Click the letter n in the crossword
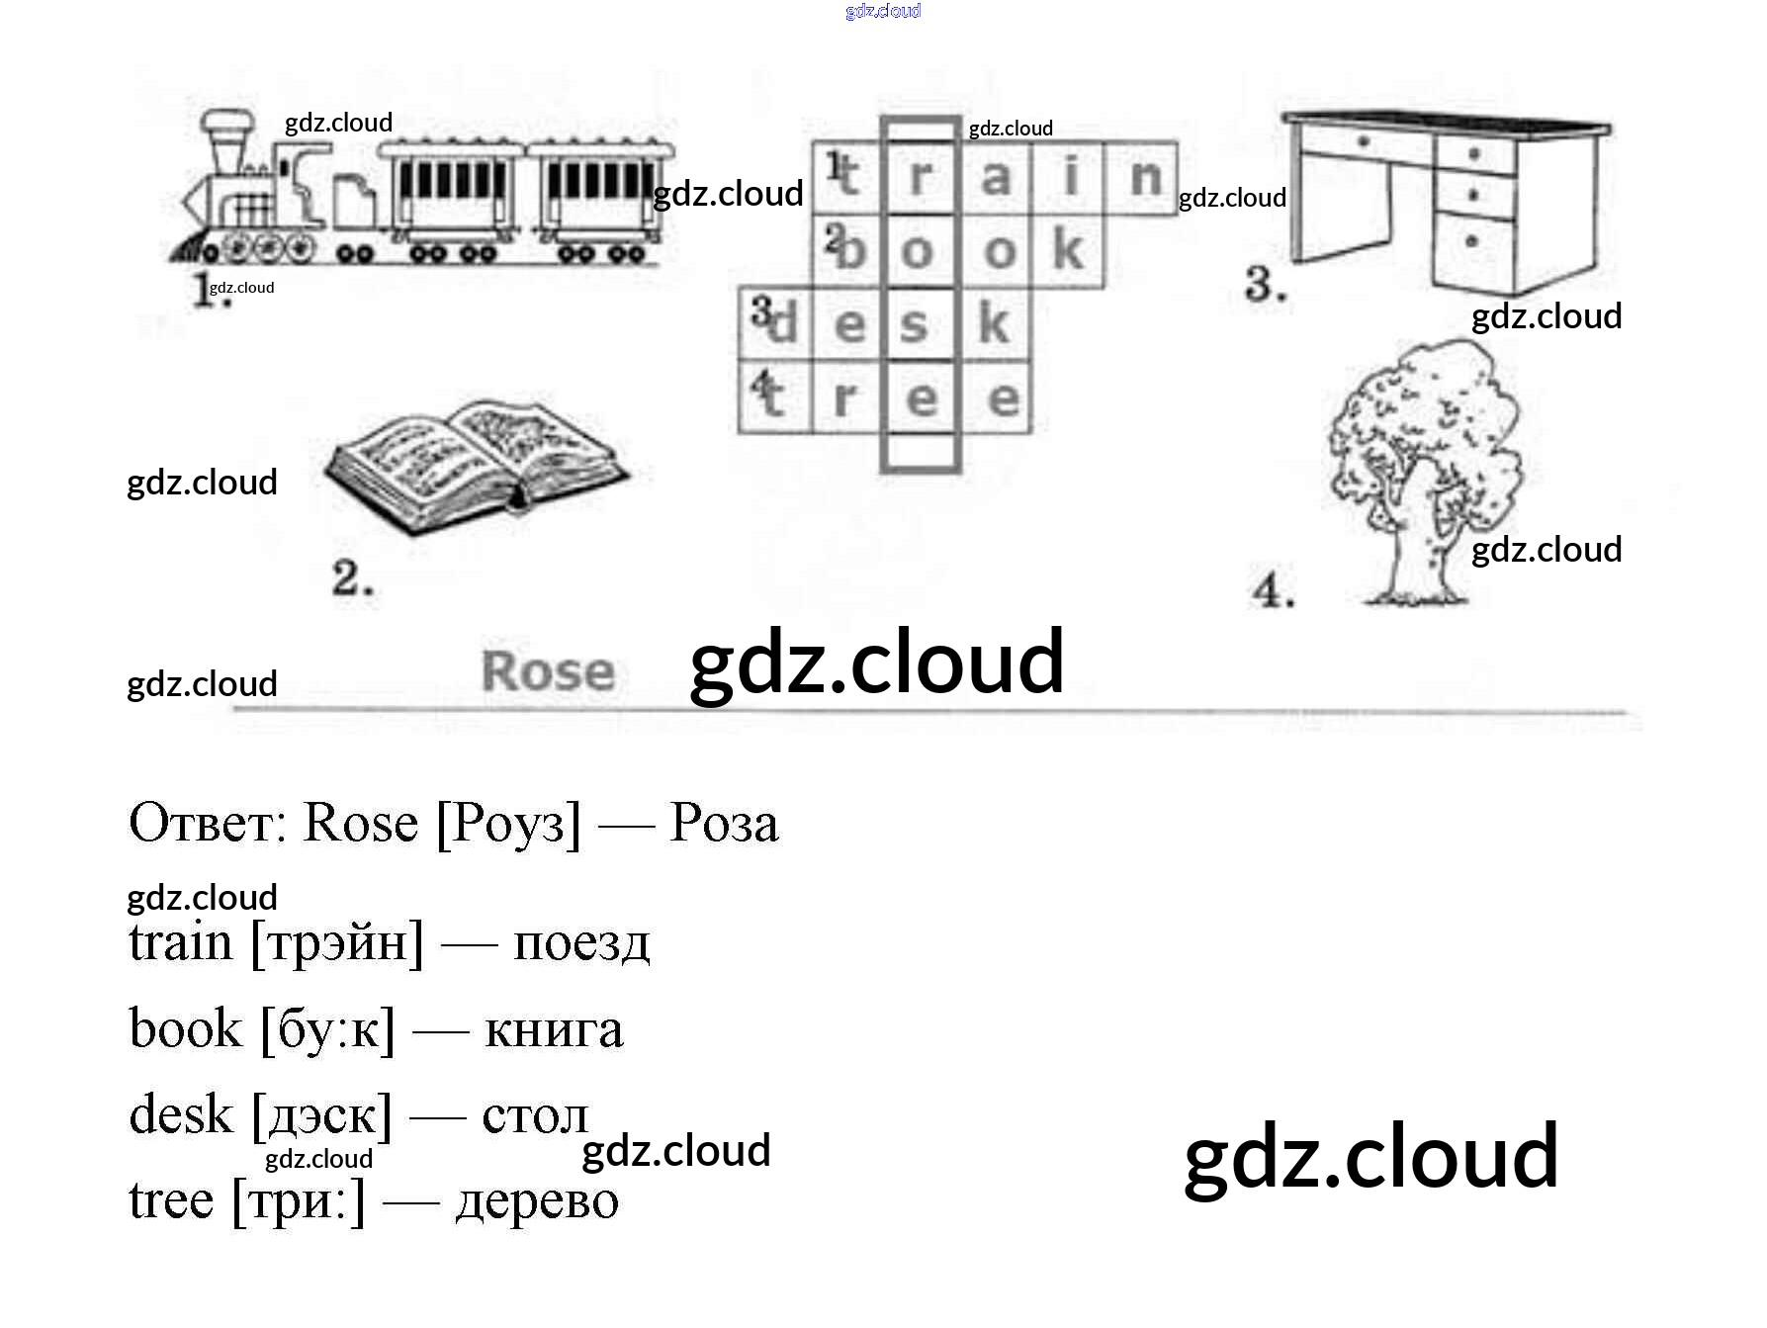[x=1144, y=178]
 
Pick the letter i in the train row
[x=1070, y=178]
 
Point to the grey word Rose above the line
[x=548, y=672]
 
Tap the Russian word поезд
[x=581, y=943]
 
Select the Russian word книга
[x=554, y=1030]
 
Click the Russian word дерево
[x=537, y=1201]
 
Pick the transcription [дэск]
[x=322, y=1116]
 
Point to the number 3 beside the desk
[x=1265, y=285]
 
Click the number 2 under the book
[x=352, y=578]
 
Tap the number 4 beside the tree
[x=1273, y=592]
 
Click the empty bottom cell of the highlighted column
[x=920, y=452]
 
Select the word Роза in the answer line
[x=724, y=823]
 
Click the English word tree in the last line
[x=171, y=1201]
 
